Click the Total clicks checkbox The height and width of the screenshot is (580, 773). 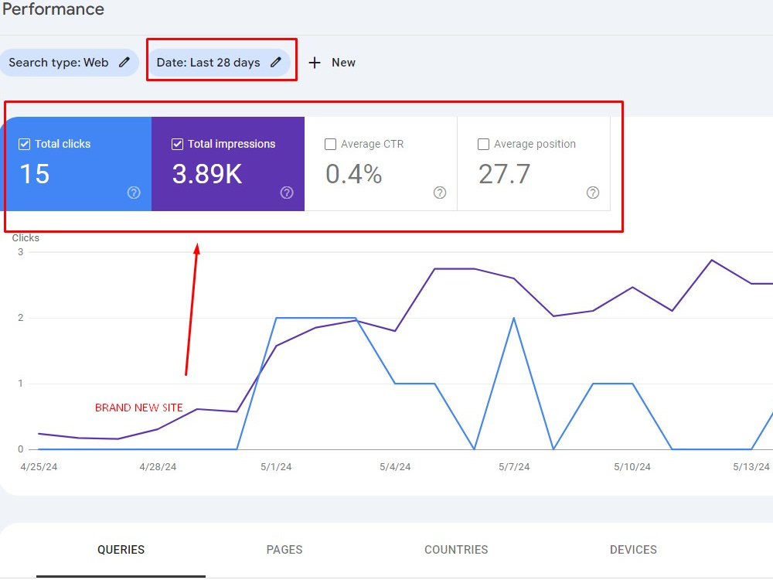24,144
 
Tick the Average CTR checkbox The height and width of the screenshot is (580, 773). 330,144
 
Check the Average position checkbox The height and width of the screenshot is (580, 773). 484,144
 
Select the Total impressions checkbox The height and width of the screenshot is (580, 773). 178,144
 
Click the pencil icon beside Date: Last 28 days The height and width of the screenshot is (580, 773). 276,62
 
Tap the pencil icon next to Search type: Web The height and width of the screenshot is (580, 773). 124,62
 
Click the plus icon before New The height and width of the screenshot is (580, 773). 315,63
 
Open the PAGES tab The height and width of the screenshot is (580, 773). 284,549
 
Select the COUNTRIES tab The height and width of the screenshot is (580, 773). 456,549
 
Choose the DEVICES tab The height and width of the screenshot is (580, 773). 633,549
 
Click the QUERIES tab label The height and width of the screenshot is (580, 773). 121,549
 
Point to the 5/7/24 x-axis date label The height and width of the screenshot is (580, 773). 514,466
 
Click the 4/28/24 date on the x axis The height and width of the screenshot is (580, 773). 158,466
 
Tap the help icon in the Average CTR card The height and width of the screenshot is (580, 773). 440,193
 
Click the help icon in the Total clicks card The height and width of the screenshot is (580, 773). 134,193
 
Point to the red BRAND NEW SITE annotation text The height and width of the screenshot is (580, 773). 139,408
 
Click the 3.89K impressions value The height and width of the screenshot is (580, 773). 207,173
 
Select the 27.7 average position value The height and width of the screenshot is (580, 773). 504,173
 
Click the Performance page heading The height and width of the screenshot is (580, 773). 53,9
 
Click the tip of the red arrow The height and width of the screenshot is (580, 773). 197,244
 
